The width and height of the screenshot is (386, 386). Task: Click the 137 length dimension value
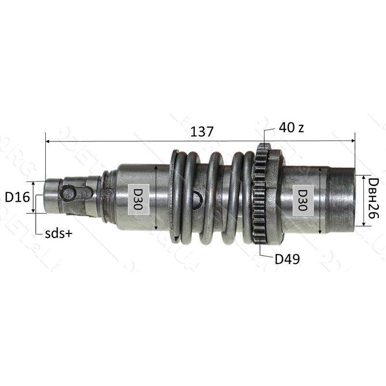tap(202, 132)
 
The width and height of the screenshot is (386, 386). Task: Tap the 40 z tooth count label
tap(291, 127)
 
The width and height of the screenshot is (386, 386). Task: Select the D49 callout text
tap(287, 259)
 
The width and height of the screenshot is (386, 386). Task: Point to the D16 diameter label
tap(17, 197)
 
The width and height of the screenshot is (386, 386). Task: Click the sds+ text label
tap(58, 234)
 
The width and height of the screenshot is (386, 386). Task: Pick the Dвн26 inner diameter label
tap(373, 198)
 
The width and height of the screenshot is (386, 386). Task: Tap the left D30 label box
tap(138, 199)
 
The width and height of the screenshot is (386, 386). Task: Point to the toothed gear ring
tap(260, 193)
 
